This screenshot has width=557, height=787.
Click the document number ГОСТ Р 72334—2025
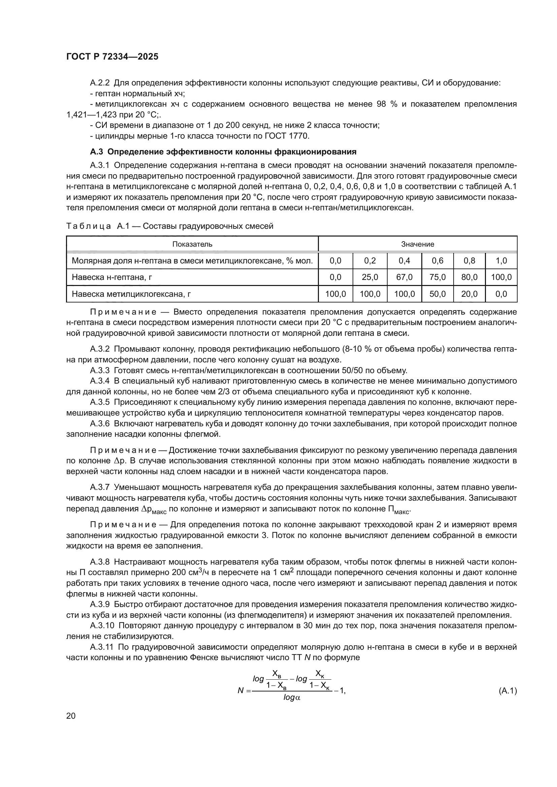(x=112, y=57)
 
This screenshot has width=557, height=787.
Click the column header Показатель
(x=192, y=244)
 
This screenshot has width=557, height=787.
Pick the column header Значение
(x=417, y=244)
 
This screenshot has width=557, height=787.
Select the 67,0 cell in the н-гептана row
(x=404, y=277)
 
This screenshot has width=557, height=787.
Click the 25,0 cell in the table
(x=370, y=277)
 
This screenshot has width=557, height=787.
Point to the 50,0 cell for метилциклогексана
(x=437, y=294)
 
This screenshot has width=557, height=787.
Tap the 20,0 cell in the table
(x=469, y=294)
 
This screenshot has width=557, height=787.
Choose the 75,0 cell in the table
(x=437, y=277)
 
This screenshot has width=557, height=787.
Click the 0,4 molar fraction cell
(x=404, y=260)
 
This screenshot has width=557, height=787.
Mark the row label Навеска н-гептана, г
(x=112, y=277)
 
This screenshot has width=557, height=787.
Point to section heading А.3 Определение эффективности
(x=223, y=151)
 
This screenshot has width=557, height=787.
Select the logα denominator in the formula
(x=292, y=697)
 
